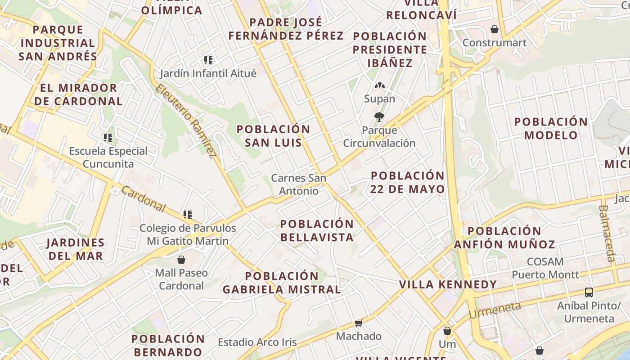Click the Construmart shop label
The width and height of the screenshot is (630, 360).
point(494,43)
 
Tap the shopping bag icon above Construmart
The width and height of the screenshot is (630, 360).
point(495,29)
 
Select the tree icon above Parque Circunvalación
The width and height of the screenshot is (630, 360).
point(379,117)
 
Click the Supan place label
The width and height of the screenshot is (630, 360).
point(379,99)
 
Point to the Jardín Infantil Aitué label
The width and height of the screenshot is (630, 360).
point(208,73)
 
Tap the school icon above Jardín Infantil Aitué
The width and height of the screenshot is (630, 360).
point(208,60)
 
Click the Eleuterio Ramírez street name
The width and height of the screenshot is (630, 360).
point(184,121)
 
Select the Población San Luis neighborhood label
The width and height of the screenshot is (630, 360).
point(273,136)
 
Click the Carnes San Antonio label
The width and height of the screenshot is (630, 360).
point(298,184)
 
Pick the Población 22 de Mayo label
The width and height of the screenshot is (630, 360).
point(407,182)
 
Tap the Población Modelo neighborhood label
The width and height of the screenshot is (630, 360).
point(551,128)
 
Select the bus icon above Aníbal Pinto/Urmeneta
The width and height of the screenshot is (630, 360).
point(589,292)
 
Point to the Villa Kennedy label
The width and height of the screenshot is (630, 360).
point(448,284)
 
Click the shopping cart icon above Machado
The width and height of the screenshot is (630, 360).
point(359,323)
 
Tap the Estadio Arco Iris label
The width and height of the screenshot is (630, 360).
point(257,342)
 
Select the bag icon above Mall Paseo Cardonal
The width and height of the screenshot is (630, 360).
point(181,260)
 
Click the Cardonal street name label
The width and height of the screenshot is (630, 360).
point(144,199)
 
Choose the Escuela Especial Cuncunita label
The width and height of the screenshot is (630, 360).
point(108,157)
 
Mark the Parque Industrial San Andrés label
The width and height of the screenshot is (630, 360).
point(58,43)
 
